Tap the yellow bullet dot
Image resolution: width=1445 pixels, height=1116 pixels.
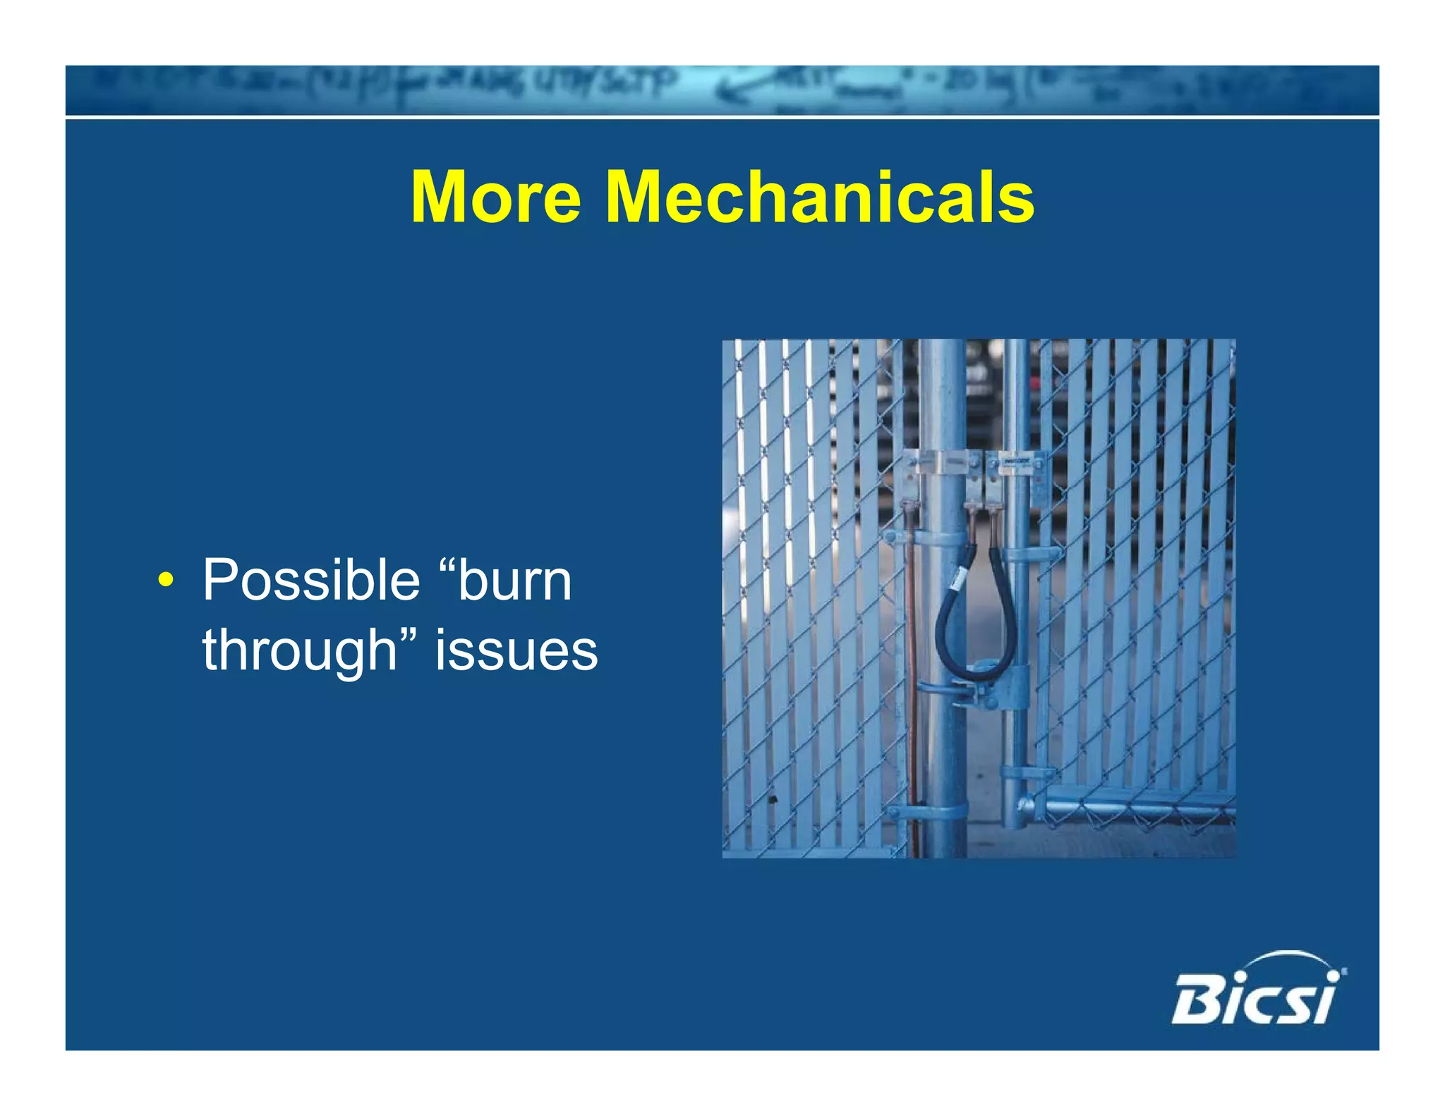165,581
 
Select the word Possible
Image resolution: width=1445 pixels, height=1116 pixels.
310,581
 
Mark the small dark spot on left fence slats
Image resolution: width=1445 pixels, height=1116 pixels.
773,799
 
